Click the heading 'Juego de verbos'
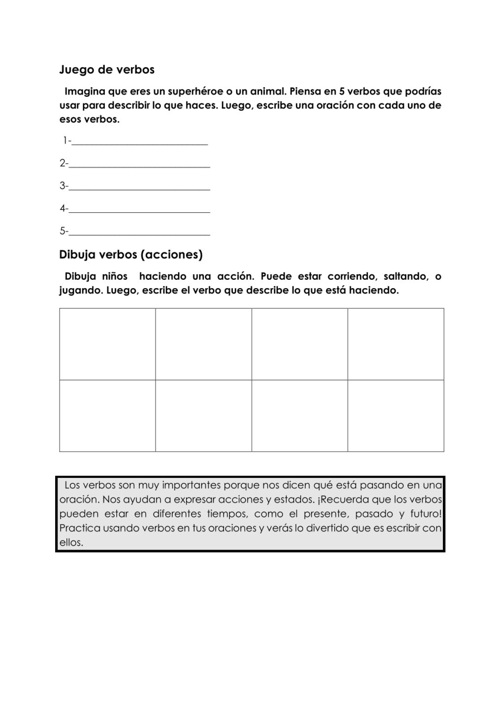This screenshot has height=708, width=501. (x=107, y=70)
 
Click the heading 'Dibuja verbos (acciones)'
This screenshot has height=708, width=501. (x=131, y=255)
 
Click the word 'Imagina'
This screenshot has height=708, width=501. (x=85, y=91)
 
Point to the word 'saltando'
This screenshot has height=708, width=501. (x=403, y=276)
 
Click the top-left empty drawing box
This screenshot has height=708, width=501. (x=107, y=344)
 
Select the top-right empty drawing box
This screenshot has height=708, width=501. (x=396, y=344)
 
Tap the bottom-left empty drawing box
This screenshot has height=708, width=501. (x=107, y=415)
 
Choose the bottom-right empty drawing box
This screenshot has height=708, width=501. (x=396, y=415)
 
